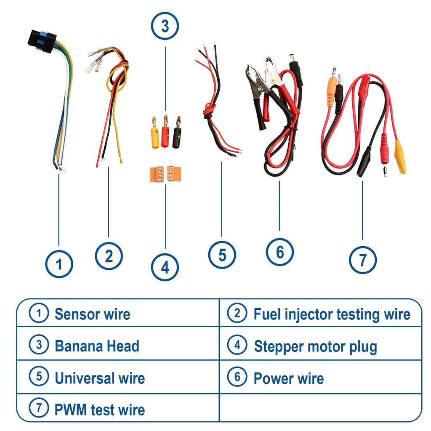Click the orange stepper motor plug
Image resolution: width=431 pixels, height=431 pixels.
click(x=165, y=174)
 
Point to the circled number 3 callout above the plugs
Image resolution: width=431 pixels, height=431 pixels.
click(x=165, y=26)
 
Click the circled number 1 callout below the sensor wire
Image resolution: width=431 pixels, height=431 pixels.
click(x=59, y=264)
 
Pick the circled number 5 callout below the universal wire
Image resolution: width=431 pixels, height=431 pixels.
click(x=222, y=255)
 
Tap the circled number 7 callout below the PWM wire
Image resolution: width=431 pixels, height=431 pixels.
click(x=362, y=260)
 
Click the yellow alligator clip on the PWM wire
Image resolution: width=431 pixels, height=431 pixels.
click(x=400, y=157)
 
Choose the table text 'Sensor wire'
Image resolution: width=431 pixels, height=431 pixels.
click(x=92, y=314)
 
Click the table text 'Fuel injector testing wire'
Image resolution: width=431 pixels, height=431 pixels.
click(x=331, y=314)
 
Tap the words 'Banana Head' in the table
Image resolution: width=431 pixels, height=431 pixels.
click(x=97, y=346)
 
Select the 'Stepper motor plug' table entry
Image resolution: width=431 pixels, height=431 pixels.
click(x=315, y=346)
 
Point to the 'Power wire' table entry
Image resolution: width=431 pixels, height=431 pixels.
click(x=288, y=378)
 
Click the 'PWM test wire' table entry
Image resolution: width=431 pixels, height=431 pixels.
click(x=99, y=410)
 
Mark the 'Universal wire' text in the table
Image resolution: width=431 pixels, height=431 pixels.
click(x=99, y=378)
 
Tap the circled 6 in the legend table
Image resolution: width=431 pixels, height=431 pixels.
click(x=237, y=377)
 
